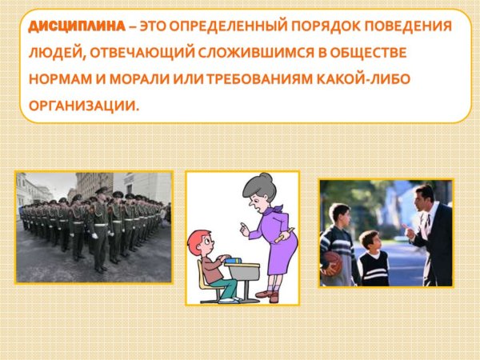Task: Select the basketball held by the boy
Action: click(x=331, y=262)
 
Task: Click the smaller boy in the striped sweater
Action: click(x=370, y=260)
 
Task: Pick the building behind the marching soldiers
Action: click(x=92, y=186)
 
